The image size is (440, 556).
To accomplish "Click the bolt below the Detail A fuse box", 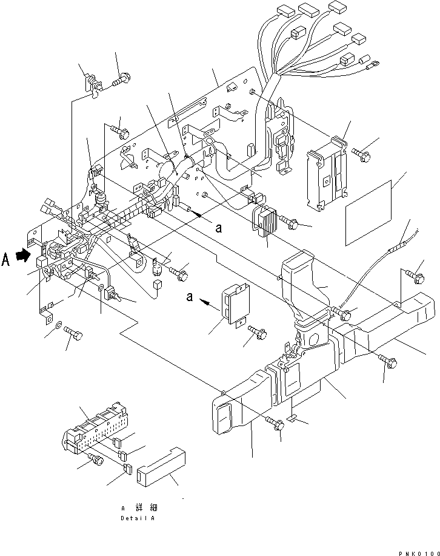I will point(95,459).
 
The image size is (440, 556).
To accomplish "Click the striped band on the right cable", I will point(399,242).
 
